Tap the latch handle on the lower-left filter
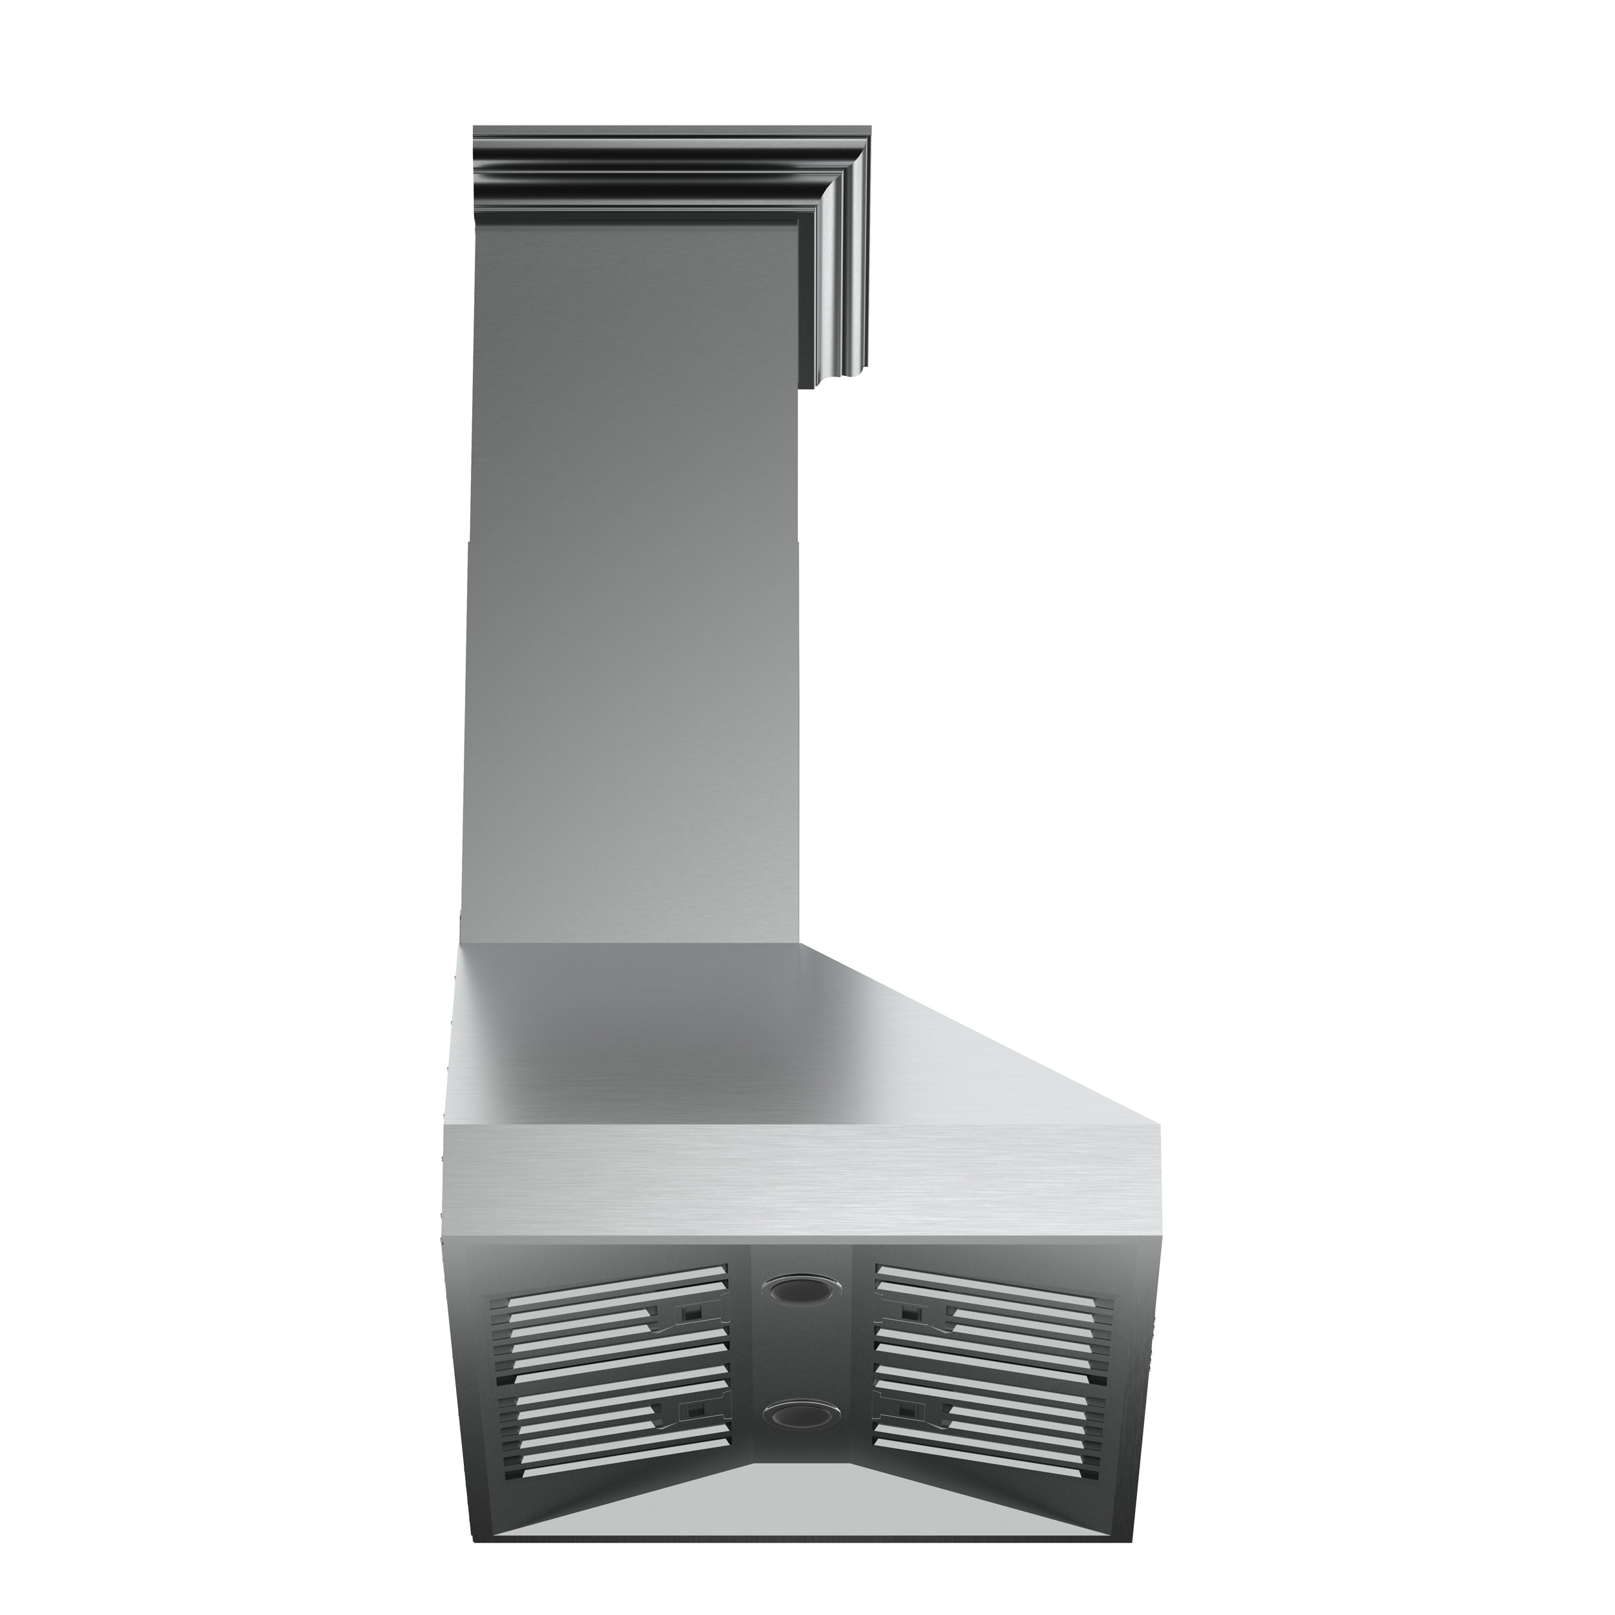(691, 1433)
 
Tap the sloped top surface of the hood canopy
(753, 1037)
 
